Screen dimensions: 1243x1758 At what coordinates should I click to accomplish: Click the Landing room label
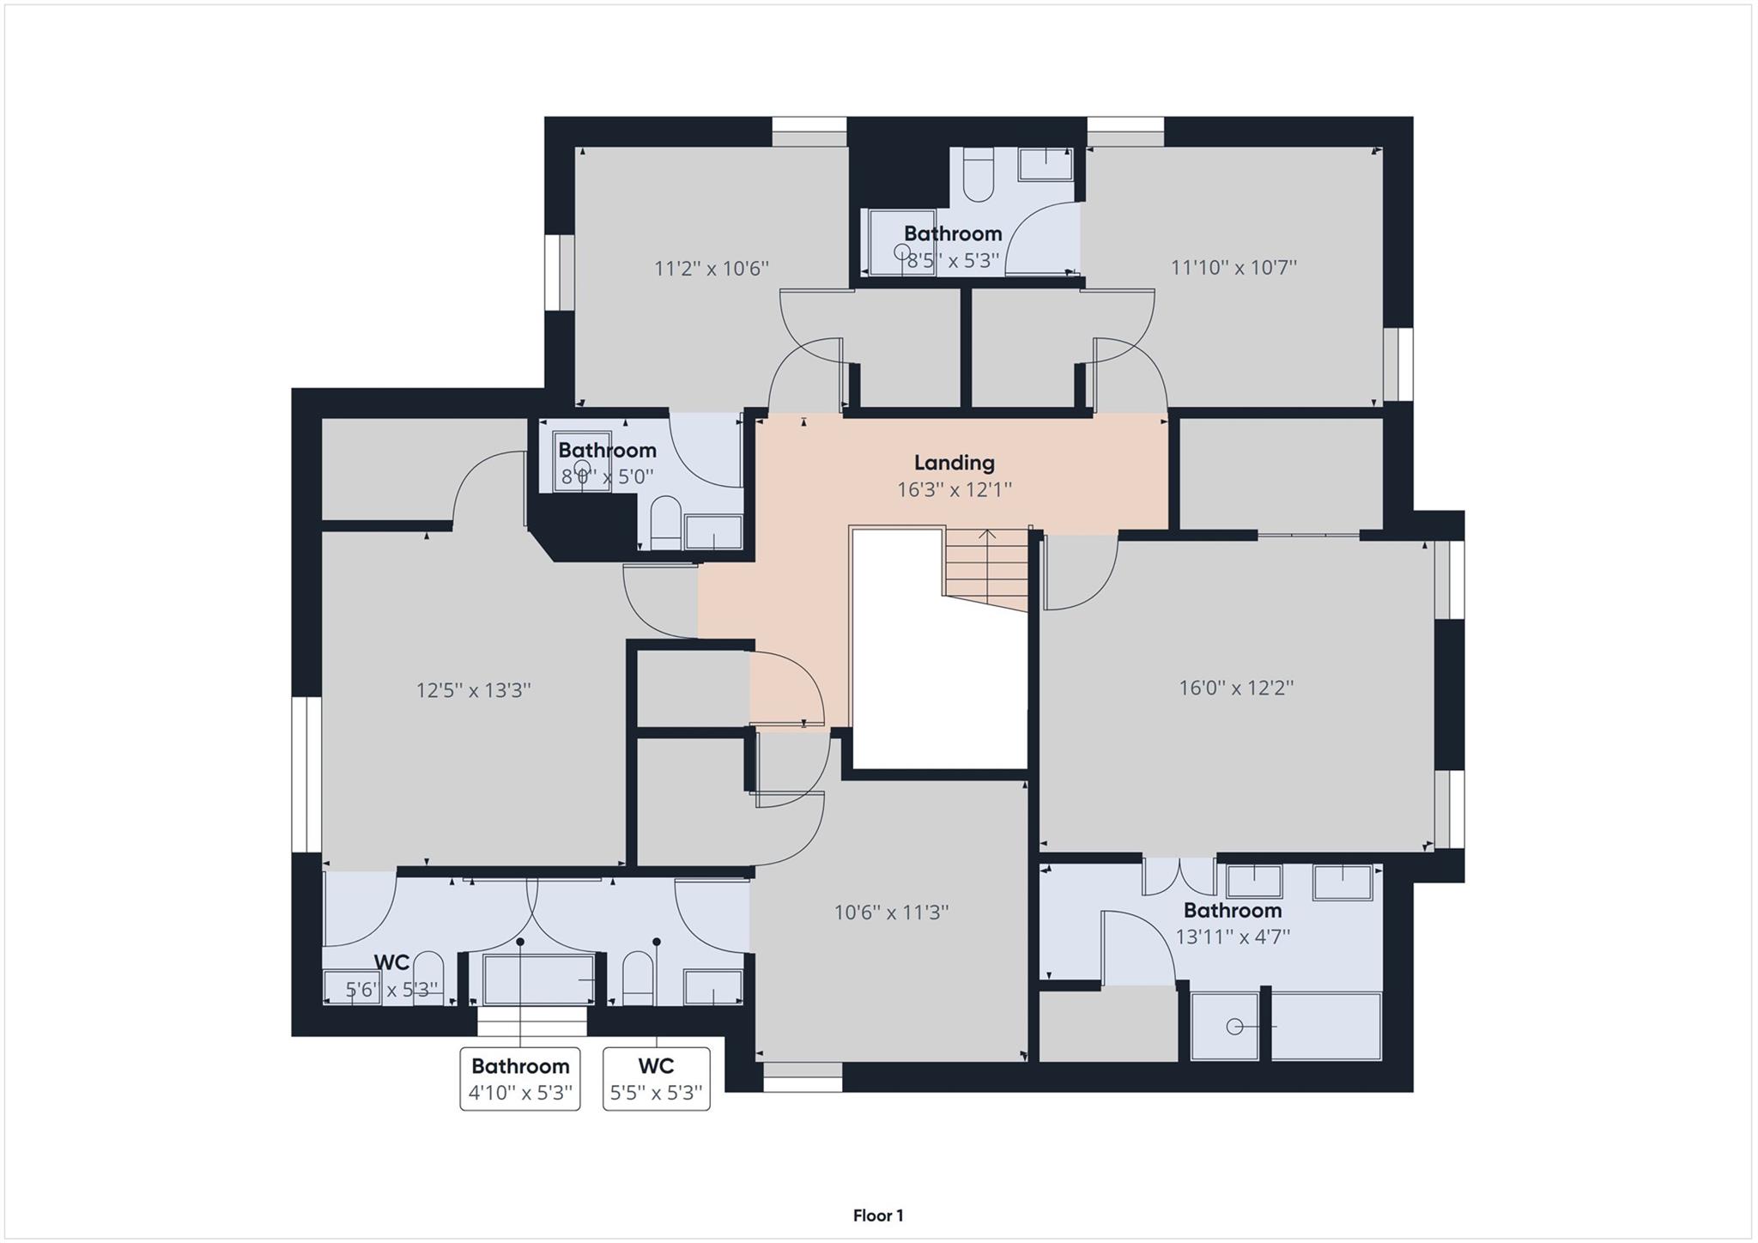pyautogui.click(x=954, y=463)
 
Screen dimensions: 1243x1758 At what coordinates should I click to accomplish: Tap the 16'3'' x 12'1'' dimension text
pyautogui.click(x=954, y=490)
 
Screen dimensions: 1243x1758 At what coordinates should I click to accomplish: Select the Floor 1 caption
pyautogui.click(x=877, y=1215)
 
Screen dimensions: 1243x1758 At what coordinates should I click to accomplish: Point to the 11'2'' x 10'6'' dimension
pyautogui.click(x=711, y=269)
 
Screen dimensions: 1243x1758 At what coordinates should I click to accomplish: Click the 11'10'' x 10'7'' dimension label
pyautogui.click(x=1233, y=267)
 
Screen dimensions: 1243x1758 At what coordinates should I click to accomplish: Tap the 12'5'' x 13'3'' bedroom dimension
pyautogui.click(x=473, y=690)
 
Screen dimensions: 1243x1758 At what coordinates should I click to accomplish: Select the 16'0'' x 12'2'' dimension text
pyautogui.click(x=1235, y=688)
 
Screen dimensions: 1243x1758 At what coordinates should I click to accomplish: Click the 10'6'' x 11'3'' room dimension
pyautogui.click(x=891, y=913)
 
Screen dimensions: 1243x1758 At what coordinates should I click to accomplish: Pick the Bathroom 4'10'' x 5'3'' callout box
pyautogui.click(x=520, y=1078)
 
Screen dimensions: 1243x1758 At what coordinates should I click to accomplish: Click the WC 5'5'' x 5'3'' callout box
pyautogui.click(x=656, y=1078)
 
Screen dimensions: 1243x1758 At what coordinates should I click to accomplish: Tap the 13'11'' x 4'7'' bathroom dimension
pyautogui.click(x=1232, y=937)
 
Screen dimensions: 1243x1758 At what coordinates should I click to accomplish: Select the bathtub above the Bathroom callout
pyautogui.click(x=538, y=979)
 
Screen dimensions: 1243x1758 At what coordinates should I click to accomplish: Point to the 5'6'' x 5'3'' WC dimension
pyautogui.click(x=391, y=990)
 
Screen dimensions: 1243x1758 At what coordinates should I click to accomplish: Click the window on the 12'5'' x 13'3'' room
pyautogui.click(x=306, y=773)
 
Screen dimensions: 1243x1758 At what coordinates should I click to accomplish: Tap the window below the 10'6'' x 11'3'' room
pyautogui.click(x=803, y=1076)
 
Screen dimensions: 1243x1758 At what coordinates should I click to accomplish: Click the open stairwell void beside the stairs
pyautogui.click(x=939, y=678)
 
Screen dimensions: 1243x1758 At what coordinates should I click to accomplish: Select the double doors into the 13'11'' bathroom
pyautogui.click(x=1179, y=876)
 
